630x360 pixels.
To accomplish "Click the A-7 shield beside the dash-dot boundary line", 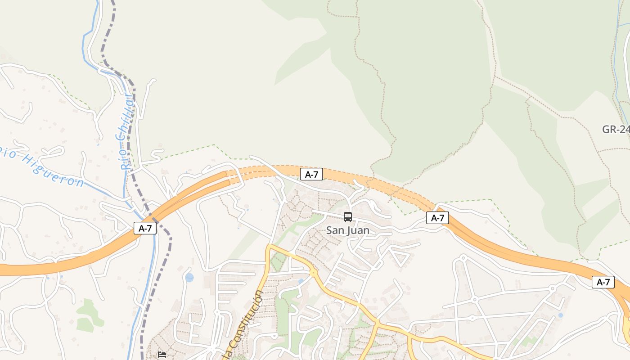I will pyautogui.click(x=145, y=228).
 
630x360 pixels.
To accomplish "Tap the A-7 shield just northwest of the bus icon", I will pyautogui.click(x=311, y=174).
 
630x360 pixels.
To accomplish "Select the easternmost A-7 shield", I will pyautogui.click(x=603, y=282).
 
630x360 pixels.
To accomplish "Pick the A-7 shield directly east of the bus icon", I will pyautogui.click(x=437, y=218).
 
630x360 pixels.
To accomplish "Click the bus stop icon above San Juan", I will pyautogui.click(x=348, y=217).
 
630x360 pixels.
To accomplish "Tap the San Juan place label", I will pyautogui.click(x=348, y=230).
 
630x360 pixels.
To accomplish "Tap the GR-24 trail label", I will pyautogui.click(x=616, y=130).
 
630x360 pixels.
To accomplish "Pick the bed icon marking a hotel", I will pyautogui.click(x=162, y=355).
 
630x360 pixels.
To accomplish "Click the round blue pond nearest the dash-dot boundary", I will pyautogui.click(x=189, y=277).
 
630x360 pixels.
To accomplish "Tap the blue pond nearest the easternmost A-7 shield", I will pyautogui.click(x=560, y=315).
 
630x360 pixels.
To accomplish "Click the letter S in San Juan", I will pyautogui.click(x=329, y=230).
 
